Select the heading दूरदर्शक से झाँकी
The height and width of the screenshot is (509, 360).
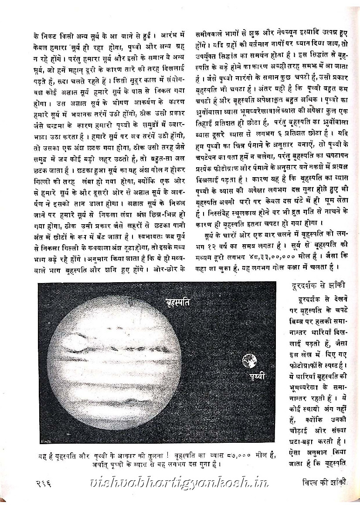point(319,286)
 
